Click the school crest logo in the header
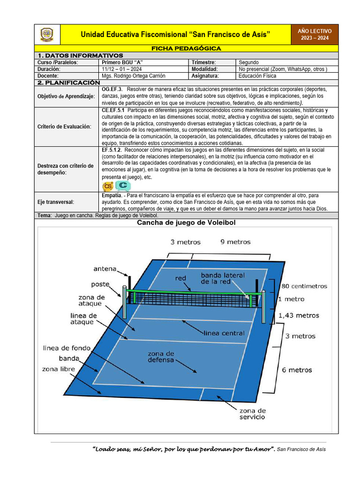coord(47,34)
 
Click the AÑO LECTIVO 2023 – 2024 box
coord(315,34)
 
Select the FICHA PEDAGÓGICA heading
coord(186,48)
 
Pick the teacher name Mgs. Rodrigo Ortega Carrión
coord(134,75)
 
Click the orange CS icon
coord(108,186)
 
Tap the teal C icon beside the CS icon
coord(123,186)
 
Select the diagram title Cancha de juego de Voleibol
coord(186,223)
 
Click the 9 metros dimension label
coord(235,242)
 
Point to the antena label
coord(105,269)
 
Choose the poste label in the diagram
coord(100,284)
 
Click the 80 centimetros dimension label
coord(304,286)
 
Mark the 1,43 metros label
coord(299,315)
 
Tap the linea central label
coord(224,333)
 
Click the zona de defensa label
coord(161,357)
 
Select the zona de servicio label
coord(253,413)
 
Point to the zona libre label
coord(58,369)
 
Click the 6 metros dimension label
coord(297,370)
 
